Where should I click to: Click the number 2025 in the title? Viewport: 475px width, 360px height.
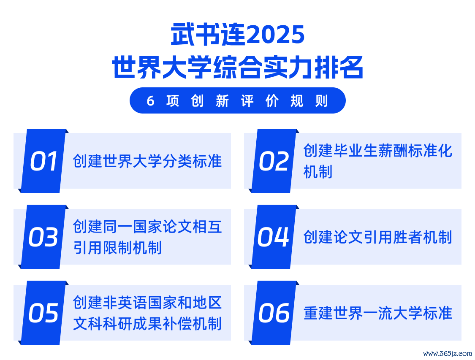pos(275,35)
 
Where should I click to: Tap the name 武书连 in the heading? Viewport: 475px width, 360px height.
pos(208,35)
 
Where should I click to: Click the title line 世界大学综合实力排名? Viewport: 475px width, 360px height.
pos(237,67)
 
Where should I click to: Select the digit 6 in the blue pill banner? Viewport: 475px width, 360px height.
pos(151,101)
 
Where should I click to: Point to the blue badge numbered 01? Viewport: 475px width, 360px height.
pos(43,161)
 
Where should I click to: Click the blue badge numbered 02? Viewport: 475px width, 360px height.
pos(274,161)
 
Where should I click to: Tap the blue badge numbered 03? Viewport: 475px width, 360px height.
pos(43,237)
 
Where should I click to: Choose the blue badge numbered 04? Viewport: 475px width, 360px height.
pos(274,237)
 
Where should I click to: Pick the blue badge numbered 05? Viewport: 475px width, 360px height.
pos(43,313)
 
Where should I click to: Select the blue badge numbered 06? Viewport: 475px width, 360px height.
pos(274,313)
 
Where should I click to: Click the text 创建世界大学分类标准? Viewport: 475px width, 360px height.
pos(147,161)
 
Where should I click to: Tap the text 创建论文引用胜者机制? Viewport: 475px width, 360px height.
pos(378,237)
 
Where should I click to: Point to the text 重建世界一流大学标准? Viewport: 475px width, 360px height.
pos(378,313)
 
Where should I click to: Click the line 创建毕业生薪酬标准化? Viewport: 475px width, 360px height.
pos(378,151)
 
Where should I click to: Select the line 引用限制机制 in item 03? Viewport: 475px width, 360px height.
pos(117,248)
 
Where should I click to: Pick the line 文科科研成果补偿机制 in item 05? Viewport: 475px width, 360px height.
pos(147,324)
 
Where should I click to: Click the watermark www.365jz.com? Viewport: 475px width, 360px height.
pos(448,353)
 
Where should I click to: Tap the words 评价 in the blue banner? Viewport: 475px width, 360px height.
pos(260,101)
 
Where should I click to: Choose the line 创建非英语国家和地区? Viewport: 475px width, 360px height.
pos(147,303)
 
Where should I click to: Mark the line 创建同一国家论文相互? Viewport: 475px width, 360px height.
pos(147,227)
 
